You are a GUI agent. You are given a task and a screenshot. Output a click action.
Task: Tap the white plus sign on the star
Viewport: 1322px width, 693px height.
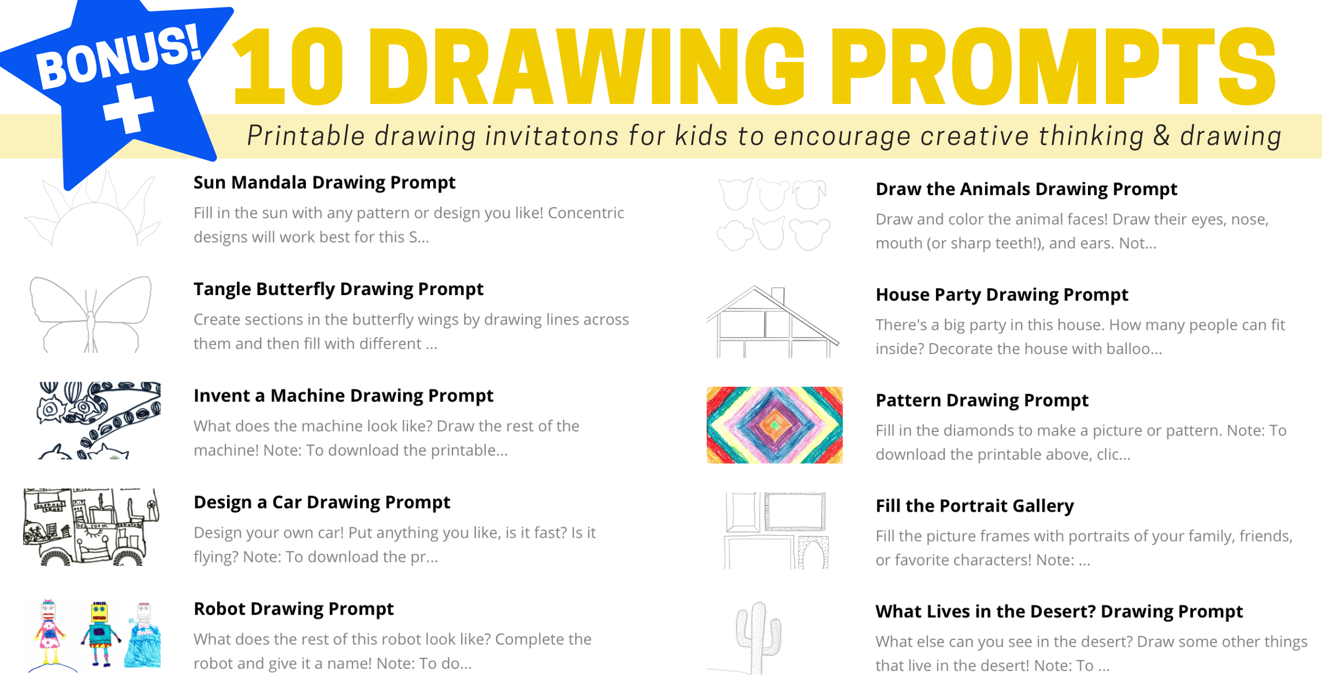(129, 108)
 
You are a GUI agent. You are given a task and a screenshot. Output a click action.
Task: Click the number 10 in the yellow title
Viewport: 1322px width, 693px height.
(289, 67)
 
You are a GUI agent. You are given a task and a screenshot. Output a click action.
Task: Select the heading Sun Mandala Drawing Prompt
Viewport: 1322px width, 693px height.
(324, 182)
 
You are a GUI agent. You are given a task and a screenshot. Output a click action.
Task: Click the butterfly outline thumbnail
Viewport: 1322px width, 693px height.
(91, 314)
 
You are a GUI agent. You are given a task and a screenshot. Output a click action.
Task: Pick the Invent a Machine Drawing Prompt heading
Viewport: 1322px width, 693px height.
(343, 396)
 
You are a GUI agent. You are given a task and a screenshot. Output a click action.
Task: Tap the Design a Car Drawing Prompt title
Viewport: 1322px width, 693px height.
(322, 502)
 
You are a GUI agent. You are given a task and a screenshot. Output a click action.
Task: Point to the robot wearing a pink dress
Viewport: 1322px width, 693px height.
(50, 633)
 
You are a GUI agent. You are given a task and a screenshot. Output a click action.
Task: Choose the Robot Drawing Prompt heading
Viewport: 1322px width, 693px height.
(294, 609)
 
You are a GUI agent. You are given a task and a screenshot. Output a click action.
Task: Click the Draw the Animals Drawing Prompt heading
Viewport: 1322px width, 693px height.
(1026, 189)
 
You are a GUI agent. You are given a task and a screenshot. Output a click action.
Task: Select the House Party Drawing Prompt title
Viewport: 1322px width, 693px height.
(1002, 295)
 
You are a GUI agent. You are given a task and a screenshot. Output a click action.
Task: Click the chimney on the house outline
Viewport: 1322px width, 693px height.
(778, 295)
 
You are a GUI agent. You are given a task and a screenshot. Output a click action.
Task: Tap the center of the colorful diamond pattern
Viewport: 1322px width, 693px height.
(775, 425)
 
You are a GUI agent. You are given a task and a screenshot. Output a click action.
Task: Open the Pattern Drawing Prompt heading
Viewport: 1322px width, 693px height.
(982, 401)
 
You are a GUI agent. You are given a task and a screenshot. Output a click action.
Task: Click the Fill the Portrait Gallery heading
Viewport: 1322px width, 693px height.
(975, 506)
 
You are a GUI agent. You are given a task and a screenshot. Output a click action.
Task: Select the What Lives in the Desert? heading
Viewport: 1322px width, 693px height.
(1059, 612)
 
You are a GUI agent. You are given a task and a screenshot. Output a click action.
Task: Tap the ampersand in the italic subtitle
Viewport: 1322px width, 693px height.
(1162, 136)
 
